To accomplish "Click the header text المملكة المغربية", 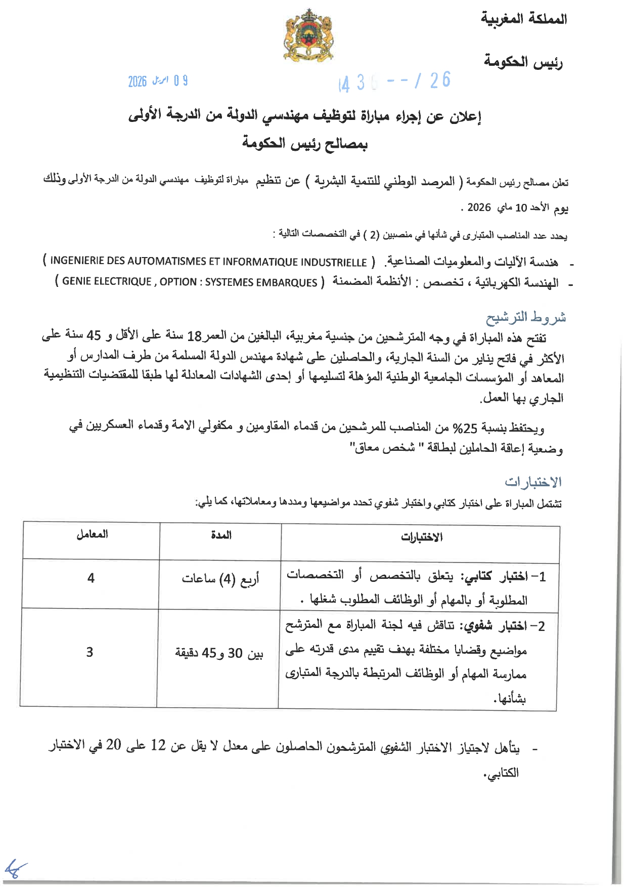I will coord(524,19).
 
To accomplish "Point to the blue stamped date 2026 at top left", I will coord(137,81).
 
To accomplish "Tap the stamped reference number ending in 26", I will coord(394,81).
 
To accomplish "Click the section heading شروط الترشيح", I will coord(526,318).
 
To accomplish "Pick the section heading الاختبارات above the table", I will coord(533,482).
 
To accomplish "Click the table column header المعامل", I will coord(92,535).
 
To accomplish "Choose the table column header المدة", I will coord(221,535).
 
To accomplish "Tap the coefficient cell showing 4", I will coord(91,578).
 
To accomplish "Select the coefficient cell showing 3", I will coord(89,652).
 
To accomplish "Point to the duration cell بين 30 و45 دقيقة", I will coord(219,653).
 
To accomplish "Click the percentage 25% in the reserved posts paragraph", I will coord(464,429).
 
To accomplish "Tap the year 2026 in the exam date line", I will coord(479,207).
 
